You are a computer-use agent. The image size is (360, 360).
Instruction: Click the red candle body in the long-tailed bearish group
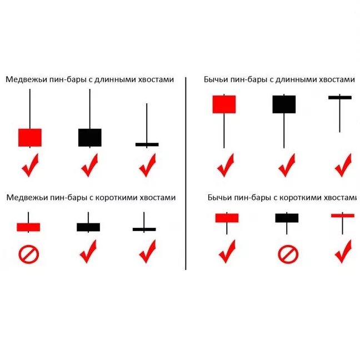click(x=30, y=137)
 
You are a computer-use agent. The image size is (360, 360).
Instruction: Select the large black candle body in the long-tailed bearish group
click(x=89, y=137)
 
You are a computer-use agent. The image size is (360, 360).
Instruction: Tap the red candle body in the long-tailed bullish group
click(x=224, y=104)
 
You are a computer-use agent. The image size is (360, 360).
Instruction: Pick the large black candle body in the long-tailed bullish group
click(x=284, y=104)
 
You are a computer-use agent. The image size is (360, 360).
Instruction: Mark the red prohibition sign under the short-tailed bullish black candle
click(x=288, y=254)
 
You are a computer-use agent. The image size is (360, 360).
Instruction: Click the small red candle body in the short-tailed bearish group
click(x=28, y=227)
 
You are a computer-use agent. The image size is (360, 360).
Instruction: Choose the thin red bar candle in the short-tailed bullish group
click(x=343, y=215)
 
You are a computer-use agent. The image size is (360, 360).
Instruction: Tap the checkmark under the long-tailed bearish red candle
click(x=30, y=166)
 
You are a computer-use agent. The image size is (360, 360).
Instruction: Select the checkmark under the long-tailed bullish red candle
click(x=226, y=166)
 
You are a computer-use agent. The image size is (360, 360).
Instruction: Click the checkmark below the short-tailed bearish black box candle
click(x=89, y=252)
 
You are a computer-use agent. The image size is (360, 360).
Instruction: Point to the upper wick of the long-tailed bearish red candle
click(x=30, y=108)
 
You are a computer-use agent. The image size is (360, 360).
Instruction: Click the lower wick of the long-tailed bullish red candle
click(x=224, y=131)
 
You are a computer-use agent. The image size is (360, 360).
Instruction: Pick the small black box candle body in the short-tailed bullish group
click(x=287, y=218)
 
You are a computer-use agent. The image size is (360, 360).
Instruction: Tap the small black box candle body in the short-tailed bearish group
click(x=88, y=227)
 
